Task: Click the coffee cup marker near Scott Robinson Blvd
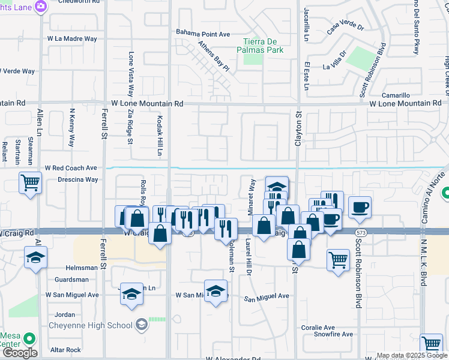click(x=360, y=207)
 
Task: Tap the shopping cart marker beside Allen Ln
click(x=31, y=182)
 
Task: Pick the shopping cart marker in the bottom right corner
click(x=431, y=344)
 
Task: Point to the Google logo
click(x=19, y=353)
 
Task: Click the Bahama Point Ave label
click(x=203, y=33)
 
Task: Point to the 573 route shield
click(x=359, y=232)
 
